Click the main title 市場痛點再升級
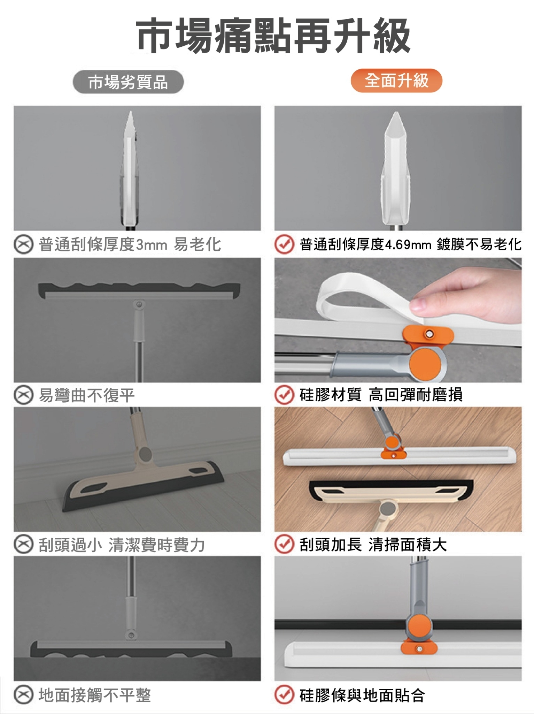pyautogui.click(x=273, y=36)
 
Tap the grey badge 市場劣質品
pyautogui.click(x=128, y=82)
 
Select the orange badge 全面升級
pyautogui.click(x=396, y=81)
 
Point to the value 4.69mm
pyautogui.click(x=409, y=245)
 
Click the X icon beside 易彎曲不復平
pyautogui.click(x=23, y=395)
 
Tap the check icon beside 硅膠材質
pyautogui.click(x=284, y=395)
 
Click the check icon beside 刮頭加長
pyautogui.click(x=284, y=545)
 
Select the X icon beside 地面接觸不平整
pyautogui.click(x=23, y=695)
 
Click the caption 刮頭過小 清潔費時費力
pyautogui.click(x=122, y=545)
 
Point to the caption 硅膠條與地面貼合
pyautogui.click(x=362, y=695)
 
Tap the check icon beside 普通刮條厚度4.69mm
pyautogui.click(x=284, y=245)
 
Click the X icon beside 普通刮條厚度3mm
pyautogui.click(x=23, y=245)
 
